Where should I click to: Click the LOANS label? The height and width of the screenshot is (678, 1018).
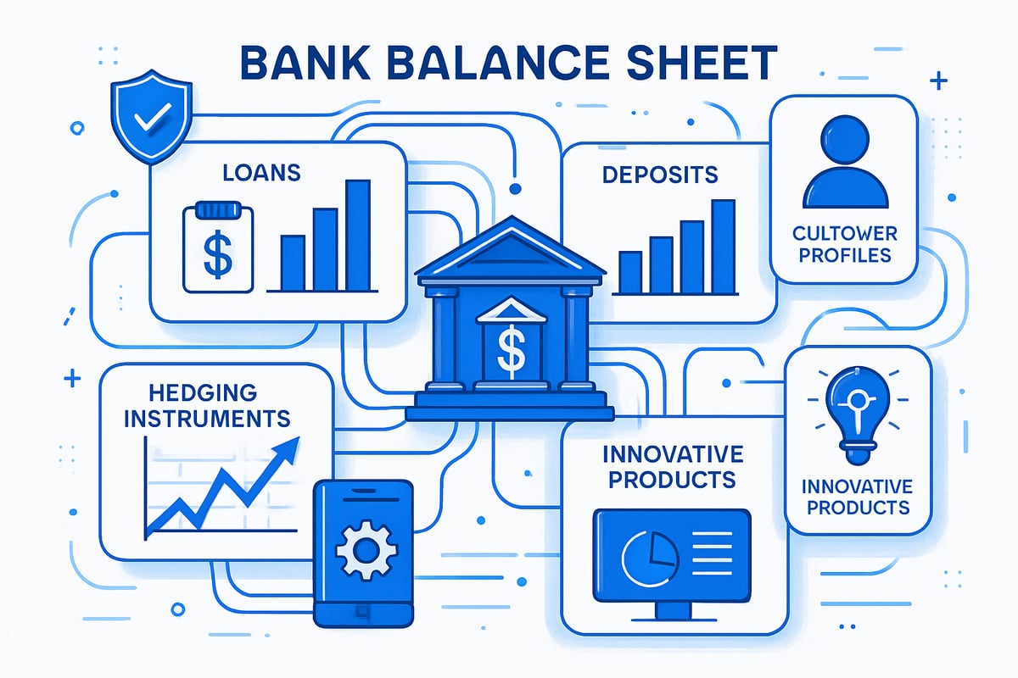261,173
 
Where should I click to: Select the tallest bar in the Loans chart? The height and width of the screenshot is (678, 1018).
358,236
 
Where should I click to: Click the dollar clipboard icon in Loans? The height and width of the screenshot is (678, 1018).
217,249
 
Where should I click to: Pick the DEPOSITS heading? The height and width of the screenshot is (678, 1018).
660,175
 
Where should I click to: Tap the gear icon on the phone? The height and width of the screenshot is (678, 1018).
365,549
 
